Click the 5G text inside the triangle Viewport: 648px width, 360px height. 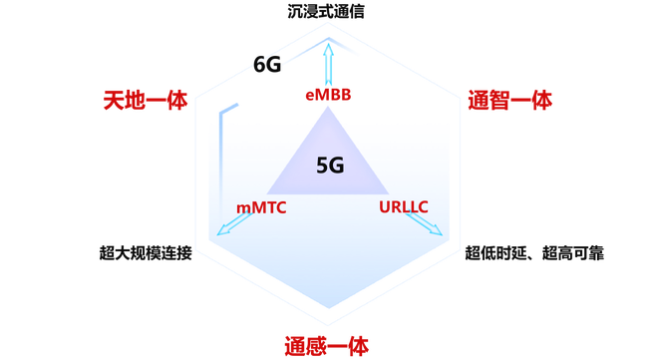[330, 166]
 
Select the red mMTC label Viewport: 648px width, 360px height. [261, 207]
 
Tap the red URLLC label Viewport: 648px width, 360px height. [404, 207]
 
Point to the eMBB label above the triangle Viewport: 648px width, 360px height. [328, 96]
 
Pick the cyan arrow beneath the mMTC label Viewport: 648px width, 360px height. [233, 224]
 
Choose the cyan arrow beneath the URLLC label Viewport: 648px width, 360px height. [425, 224]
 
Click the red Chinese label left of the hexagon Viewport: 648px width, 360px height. [146, 100]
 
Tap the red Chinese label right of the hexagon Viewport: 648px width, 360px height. [509, 100]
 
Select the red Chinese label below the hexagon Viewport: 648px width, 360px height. [327, 346]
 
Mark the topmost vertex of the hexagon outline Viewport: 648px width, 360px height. [328, 22]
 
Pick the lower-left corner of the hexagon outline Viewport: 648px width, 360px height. [196, 249]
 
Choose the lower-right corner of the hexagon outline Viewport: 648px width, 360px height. [460, 249]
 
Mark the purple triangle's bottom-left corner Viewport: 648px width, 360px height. [266, 193]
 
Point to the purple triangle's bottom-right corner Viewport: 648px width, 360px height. [390, 193]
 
